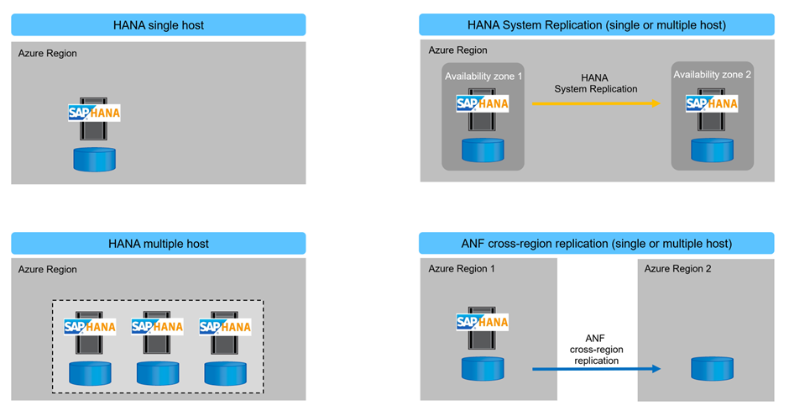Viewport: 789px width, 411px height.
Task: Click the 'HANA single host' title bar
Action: (x=159, y=25)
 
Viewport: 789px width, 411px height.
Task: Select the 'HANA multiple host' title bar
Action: (x=159, y=244)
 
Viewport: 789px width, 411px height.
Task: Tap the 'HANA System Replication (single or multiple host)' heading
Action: (x=596, y=25)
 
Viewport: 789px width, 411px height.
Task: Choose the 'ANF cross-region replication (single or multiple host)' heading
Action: (x=596, y=244)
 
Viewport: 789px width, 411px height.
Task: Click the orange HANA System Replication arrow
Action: (x=596, y=103)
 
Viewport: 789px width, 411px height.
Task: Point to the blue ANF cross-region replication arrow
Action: (x=596, y=368)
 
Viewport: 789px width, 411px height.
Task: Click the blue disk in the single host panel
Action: (x=94, y=158)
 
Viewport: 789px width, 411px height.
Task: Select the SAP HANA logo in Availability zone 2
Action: (x=712, y=103)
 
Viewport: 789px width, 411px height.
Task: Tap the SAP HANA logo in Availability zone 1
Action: (x=483, y=103)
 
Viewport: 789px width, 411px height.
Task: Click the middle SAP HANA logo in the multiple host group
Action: (x=158, y=326)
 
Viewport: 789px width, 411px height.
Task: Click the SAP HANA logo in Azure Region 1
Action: (x=483, y=322)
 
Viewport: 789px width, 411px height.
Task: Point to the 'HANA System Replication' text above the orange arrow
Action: (x=596, y=83)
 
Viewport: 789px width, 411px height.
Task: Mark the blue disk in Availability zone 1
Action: (x=483, y=150)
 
